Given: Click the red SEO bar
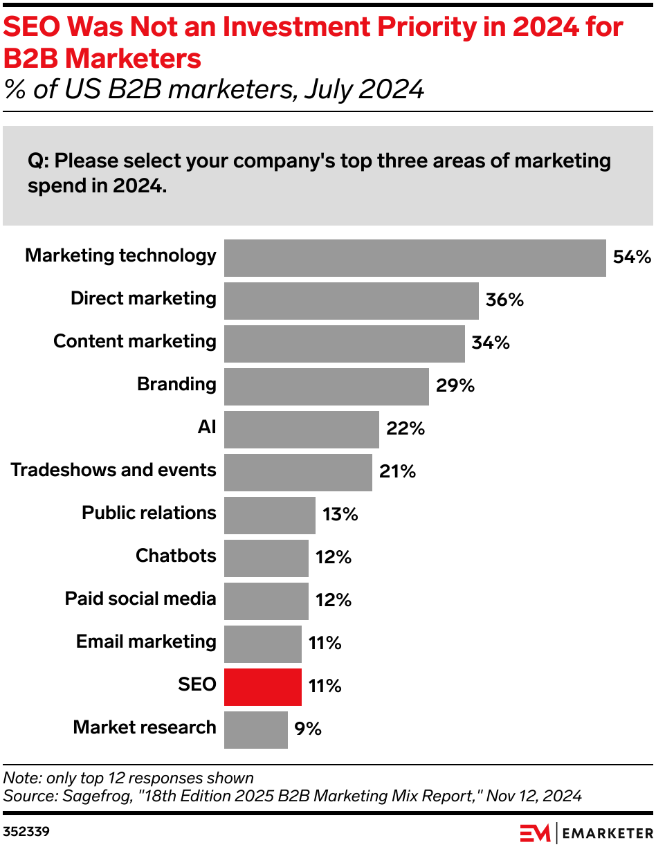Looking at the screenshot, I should (263, 686).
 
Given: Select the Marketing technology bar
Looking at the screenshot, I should (414, 257).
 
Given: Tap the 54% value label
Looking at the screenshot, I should (632, 257).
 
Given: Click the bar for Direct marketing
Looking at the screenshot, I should (351, 300).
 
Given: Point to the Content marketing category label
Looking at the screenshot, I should (134, 341).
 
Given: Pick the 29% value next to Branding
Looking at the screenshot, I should (455, 386).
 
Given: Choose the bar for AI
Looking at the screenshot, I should (301, 429).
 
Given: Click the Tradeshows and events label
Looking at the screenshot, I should (113, 470).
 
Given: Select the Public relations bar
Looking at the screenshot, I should (269, 515).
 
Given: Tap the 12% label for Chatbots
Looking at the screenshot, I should (334, 558).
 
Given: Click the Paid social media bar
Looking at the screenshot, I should (266, 601).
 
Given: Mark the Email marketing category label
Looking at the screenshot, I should (146, 641).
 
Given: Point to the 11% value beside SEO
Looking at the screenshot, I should (325, 686).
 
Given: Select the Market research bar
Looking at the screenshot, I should (255, 729).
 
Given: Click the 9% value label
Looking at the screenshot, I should (308, 729).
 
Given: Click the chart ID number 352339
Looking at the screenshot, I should (25, 830).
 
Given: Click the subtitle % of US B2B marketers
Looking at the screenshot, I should (214, 89).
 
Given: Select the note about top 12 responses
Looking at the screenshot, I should (129, 778).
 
